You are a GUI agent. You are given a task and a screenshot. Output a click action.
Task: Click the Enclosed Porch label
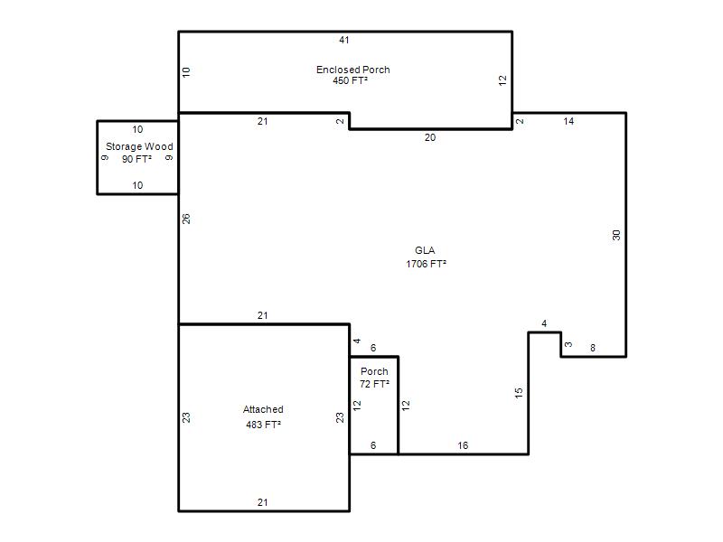353,70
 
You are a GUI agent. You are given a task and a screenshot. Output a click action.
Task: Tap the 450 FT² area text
350,80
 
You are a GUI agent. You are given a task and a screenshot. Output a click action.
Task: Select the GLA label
425,250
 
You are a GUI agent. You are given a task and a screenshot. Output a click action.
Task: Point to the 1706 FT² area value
426,264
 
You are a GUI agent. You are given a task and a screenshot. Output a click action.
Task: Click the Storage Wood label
139,146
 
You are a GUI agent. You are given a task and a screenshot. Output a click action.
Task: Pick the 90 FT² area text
136,159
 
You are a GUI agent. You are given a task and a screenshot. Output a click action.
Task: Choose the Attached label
263,409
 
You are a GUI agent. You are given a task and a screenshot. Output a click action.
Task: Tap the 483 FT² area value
263,425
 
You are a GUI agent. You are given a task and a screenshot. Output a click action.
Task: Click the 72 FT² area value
374,384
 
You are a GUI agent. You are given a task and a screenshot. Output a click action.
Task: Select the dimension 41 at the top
344,40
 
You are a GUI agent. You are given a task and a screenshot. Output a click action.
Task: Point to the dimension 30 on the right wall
616,235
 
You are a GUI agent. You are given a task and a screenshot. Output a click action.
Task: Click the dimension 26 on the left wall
186,219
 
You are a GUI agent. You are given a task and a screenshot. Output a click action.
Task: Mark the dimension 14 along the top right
568,121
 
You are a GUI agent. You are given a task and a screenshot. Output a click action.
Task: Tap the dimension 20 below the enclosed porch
430,137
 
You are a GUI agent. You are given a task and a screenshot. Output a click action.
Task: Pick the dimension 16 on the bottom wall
463,445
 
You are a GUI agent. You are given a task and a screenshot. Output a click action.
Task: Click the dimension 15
519,393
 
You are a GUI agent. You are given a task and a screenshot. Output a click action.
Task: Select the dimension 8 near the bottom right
593,348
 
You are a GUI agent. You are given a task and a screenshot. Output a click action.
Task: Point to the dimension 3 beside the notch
568,344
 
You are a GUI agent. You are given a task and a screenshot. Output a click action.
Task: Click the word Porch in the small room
374,371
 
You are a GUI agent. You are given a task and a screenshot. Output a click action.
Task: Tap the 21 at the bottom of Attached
262,502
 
